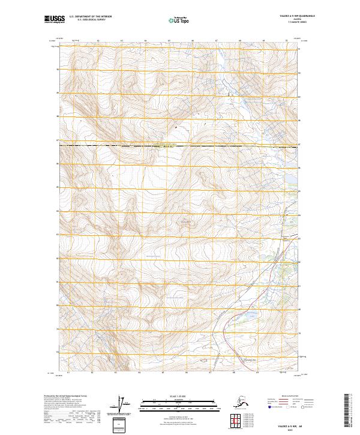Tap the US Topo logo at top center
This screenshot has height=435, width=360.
pos(180,20)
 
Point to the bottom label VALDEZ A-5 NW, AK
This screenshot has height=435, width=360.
pos(287,423)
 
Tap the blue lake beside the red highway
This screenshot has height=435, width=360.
pos(248,314)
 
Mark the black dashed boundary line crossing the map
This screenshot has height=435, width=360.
pos(180,145)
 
